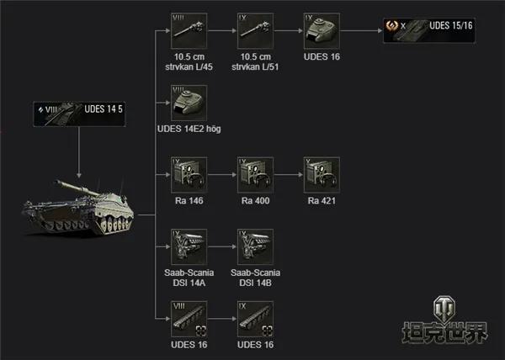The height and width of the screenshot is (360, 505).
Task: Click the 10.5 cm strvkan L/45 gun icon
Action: [189, 31]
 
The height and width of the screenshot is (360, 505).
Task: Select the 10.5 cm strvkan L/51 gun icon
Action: [255, 31]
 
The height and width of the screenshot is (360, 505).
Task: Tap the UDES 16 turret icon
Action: [322, 31]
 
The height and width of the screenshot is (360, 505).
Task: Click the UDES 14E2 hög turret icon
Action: [189, 103]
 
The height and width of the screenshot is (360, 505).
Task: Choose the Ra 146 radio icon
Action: [189, 175]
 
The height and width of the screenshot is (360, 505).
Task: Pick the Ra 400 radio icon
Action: [255, 175]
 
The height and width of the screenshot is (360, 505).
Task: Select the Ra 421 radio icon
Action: [322, 175]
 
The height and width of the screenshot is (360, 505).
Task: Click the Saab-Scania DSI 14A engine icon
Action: [189, 246]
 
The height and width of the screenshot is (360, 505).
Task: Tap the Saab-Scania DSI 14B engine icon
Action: [255, 246]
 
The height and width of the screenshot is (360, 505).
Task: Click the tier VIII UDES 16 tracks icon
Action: [189, 319]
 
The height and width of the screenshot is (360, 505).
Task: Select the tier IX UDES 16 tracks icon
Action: [255, 319]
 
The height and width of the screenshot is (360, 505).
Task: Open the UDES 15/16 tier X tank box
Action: [429, 30]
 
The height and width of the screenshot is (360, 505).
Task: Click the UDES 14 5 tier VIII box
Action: [79, 114]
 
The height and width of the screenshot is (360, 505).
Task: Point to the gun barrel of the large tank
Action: [77, 188]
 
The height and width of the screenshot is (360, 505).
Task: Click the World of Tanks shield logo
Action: [444, 310]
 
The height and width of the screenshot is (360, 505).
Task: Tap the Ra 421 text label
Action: [322, 201]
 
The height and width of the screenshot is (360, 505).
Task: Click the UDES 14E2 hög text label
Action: [189, 129]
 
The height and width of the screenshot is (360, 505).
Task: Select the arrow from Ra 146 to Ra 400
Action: [222, 175]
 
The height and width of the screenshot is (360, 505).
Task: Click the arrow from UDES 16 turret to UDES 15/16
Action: [361, 31]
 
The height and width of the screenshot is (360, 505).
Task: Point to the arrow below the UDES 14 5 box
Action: [79, 152]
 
